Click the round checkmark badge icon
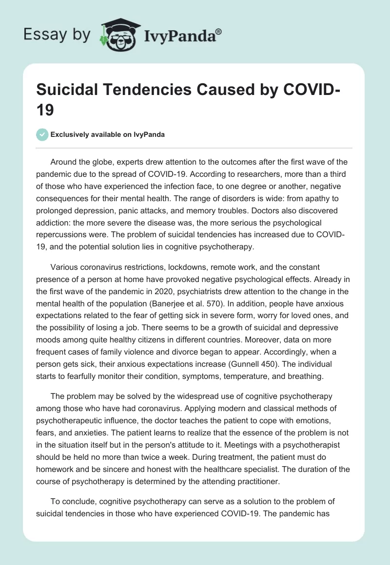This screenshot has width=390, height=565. (x=42, y=134)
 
